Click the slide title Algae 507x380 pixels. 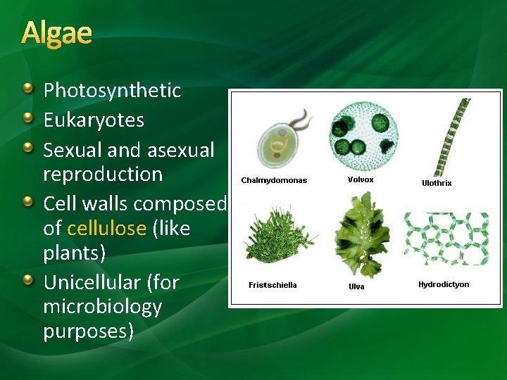point(56,33)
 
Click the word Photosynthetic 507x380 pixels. point(112,91)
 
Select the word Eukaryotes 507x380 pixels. point(94,120)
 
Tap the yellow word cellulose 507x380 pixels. point(106,229)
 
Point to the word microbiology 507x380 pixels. point(102,307)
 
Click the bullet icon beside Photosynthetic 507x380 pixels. point(27,89)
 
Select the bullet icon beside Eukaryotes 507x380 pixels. point(27,118)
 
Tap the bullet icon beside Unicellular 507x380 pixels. point(27,281)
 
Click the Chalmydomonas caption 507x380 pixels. point(274,180)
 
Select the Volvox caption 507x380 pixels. point(361,179)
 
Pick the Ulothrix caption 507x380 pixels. point(437,183)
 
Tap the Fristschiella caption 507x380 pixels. point(273,285)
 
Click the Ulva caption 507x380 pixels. point(357,286)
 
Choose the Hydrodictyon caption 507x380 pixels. point(444,284)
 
